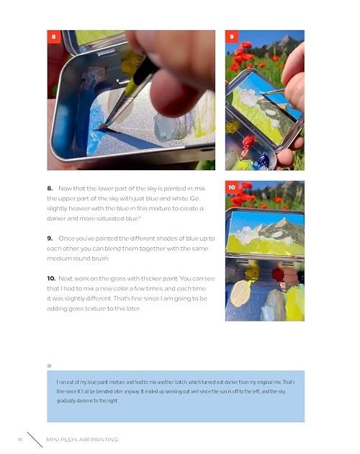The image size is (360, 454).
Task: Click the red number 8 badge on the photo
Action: (54, 37)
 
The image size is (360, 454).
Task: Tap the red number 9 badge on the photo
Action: (232, 37)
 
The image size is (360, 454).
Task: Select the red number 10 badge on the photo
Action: (232, 187)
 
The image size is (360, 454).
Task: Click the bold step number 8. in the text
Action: (50, 189)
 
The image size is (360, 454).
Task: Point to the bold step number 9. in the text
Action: (50, 239)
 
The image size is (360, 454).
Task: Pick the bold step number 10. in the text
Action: (51, 279)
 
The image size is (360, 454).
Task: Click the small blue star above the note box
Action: (50, 365)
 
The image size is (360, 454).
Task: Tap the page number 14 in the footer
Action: (20, 440)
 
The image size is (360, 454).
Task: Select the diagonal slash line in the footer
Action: (35, 440)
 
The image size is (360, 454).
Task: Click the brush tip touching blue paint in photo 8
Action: (102, 126)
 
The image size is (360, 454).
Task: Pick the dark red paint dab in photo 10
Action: (278, 275)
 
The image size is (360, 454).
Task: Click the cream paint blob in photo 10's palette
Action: (240, 293)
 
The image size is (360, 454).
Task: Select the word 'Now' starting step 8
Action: (65, 189)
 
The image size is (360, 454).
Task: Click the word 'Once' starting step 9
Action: (66, 239)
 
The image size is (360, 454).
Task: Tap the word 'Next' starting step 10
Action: (65, 279)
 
